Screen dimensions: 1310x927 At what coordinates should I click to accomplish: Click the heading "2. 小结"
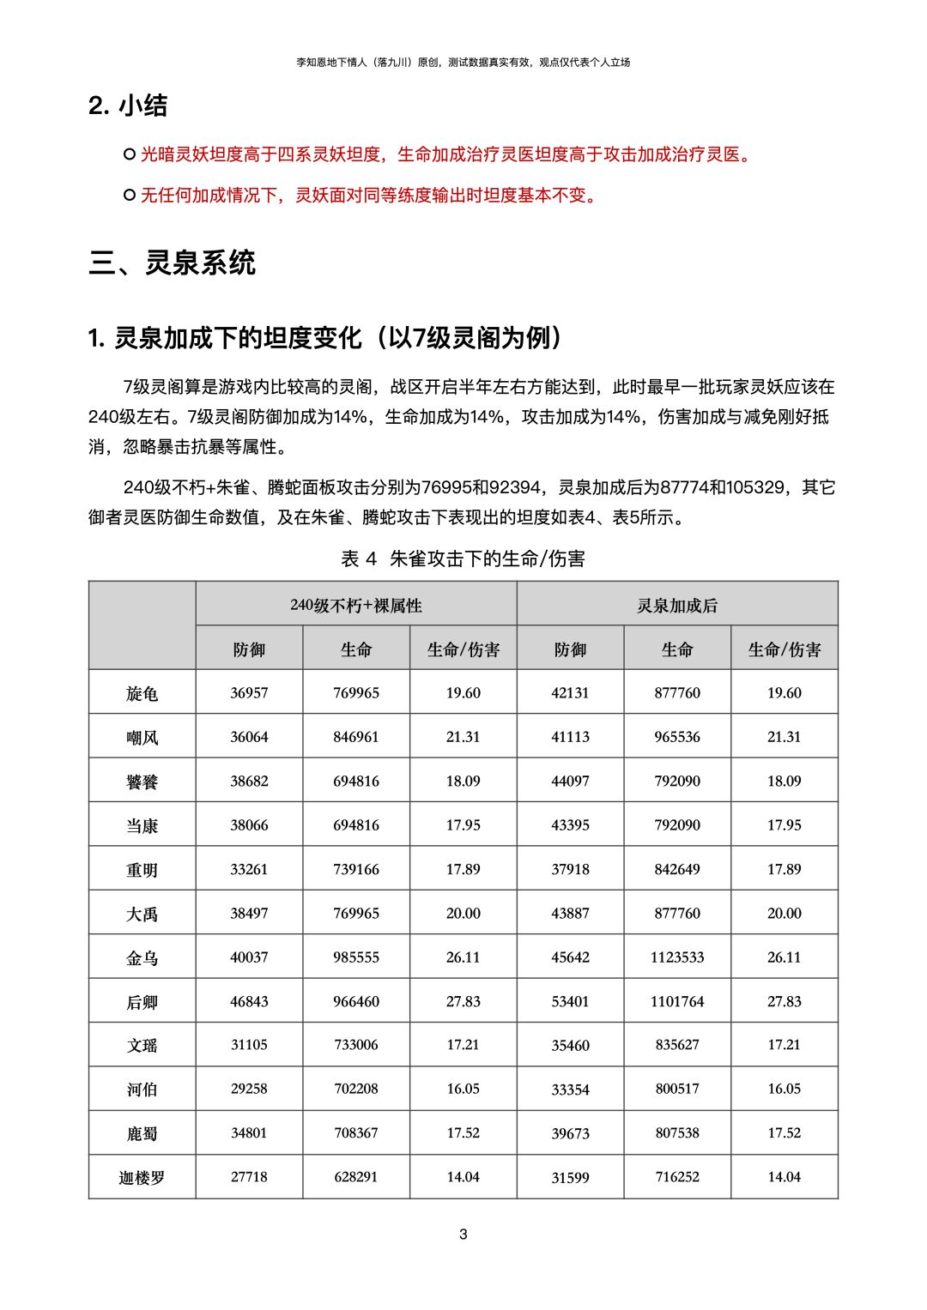128,106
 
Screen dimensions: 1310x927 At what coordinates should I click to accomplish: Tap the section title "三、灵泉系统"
172,263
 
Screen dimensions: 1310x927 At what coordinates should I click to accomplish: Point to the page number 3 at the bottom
463,1235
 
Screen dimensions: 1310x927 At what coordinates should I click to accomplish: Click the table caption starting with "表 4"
463,559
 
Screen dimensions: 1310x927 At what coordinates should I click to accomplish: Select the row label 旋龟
142,693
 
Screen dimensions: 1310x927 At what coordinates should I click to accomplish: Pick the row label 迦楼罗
142,1178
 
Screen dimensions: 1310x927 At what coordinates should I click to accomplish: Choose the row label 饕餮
142,782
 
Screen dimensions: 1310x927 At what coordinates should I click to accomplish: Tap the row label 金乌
142,958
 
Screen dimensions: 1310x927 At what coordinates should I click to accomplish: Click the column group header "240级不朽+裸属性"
356,606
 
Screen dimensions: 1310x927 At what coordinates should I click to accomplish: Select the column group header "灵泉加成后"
677,606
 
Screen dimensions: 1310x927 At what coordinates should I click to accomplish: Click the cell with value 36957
249,693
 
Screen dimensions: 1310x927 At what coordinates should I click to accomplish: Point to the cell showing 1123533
677,957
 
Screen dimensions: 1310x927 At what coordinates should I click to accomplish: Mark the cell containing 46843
249,1002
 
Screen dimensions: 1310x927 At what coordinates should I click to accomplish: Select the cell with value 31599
570,1178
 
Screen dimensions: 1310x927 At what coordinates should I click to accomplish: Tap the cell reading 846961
356,737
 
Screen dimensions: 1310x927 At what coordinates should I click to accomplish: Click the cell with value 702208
356,1090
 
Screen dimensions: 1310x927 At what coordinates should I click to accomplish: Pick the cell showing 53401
570,1002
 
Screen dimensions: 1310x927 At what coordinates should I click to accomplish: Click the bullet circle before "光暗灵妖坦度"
130,154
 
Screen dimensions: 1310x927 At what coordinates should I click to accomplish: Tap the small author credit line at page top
463,62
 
